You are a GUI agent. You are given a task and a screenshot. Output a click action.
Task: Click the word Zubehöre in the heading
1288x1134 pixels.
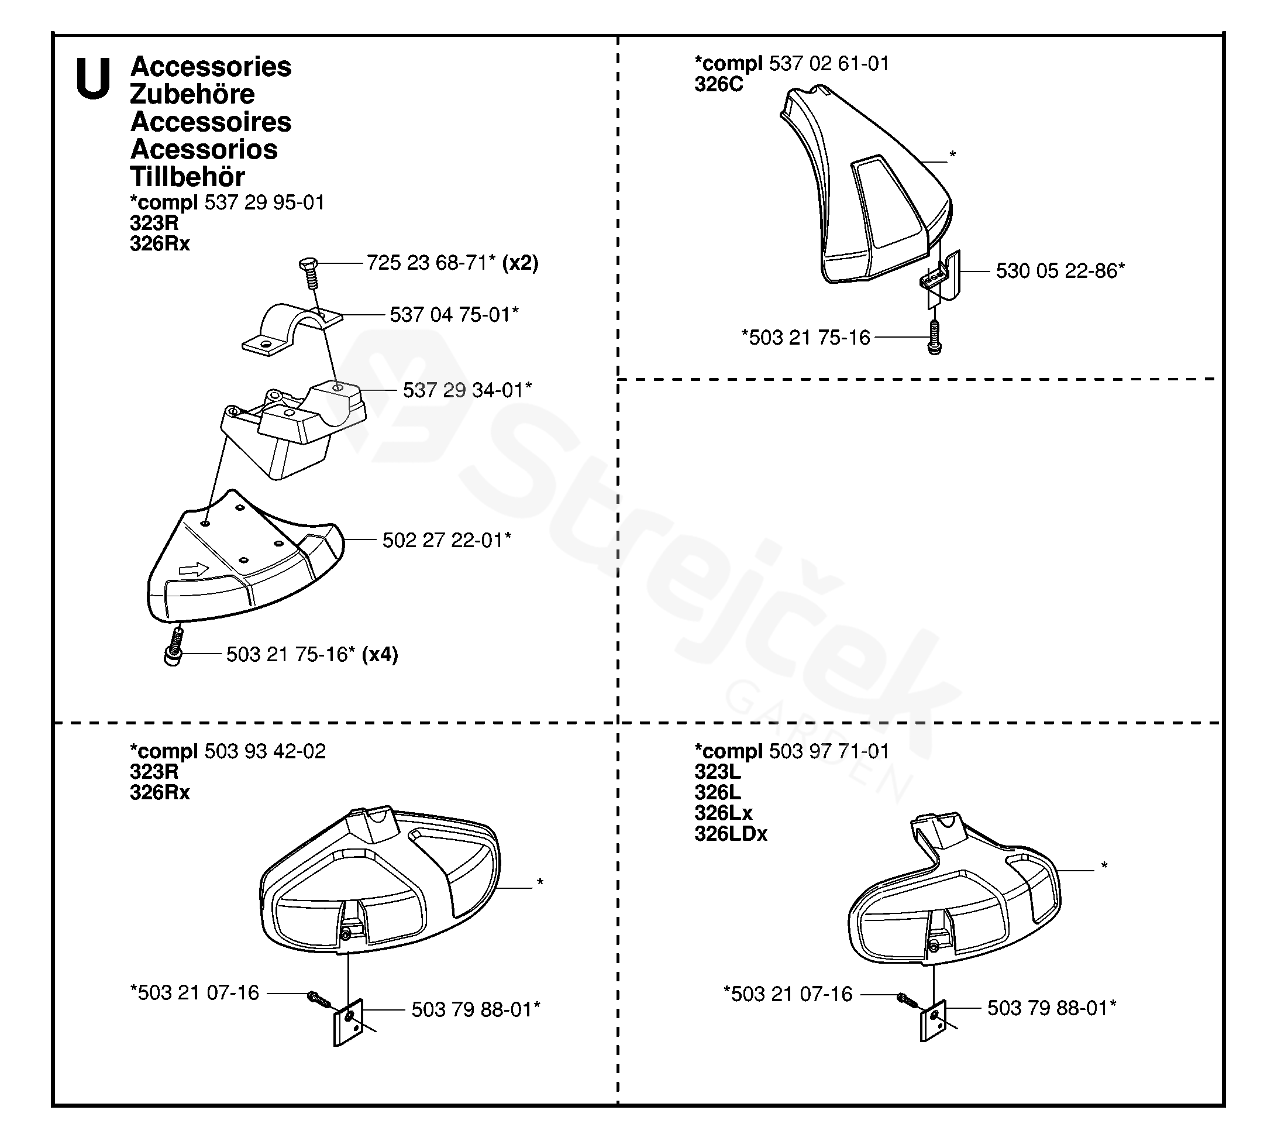pos(192,95)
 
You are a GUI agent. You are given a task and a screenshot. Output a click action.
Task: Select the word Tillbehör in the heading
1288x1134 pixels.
pos(187,177)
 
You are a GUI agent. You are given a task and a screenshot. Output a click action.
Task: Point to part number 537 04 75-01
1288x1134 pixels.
pos(453,315)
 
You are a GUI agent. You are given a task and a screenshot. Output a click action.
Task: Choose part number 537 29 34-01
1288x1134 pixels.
pos(466,390)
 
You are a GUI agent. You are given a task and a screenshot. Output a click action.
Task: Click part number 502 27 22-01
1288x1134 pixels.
pos(446,540)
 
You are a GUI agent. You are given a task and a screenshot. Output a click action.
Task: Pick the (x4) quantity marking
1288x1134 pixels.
pos(380,654)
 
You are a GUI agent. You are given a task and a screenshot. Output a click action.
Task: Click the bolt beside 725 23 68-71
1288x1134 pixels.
pos(309,272)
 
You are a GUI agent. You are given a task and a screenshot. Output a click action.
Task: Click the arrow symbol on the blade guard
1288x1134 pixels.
pos(194,570)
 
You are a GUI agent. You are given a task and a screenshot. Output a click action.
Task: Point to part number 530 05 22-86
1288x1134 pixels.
pos(1059,271)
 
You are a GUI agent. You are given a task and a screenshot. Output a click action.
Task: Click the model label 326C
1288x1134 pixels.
pos(718,84)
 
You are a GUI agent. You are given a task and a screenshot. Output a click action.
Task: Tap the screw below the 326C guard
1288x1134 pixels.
pos(935,337)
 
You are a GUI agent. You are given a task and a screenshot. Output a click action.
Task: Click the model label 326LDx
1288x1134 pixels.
pos(731,834)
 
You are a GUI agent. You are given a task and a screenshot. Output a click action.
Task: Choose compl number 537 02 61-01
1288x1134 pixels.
pos(829,64)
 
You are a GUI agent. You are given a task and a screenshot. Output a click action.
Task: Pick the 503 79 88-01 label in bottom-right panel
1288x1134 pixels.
pos(1051,1008)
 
